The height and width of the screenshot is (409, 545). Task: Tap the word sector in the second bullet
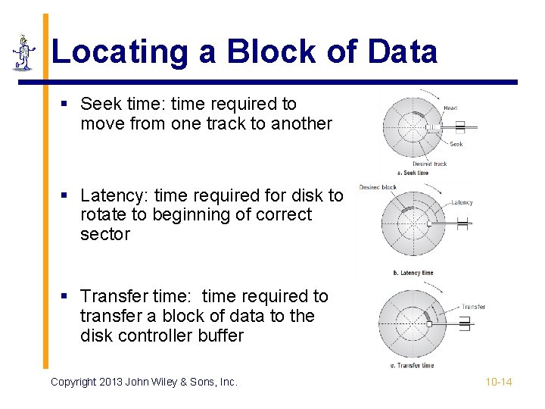click(x=105, y=234)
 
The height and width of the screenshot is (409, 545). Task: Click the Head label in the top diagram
click(x=450, y=108)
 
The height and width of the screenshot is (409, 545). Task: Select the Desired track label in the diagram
click(x=429, y=164)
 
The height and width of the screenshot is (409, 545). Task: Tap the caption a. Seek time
click(x=413, y=173)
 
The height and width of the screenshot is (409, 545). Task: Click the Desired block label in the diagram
click(x=378, y=187)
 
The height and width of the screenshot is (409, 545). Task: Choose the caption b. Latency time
click(x=413, y=273)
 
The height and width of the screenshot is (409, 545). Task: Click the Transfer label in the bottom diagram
click(x=473, y=307)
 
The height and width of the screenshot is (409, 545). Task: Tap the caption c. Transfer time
click(x=413, y=365)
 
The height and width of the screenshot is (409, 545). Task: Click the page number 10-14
click(x=498, y=382)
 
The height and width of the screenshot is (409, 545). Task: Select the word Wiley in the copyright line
click(x=154, y=382)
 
